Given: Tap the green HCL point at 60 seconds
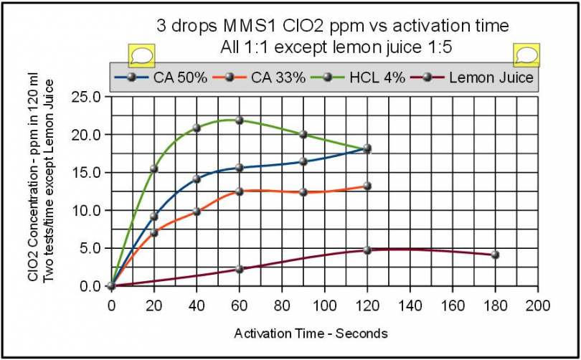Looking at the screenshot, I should pos(240,120).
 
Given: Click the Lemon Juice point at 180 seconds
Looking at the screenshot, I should pos(495,255).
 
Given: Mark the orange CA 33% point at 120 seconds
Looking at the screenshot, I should pos(367,186).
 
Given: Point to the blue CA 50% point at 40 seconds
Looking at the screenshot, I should pos(197,179).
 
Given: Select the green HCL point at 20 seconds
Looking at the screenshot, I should pos(153,169).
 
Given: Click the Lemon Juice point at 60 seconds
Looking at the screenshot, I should pos(240,269).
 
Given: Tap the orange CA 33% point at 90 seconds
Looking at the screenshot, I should pos(303,192).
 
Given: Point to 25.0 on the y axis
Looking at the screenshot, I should pos(90,97).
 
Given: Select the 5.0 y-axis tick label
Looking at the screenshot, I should pos(93,248).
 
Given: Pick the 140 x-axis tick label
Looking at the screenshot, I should pos(410,306).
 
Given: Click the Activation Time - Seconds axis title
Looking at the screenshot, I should pos(311,333).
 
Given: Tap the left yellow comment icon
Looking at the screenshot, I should pos(140,55).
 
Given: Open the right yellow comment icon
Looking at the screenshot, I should pos(526,55).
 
